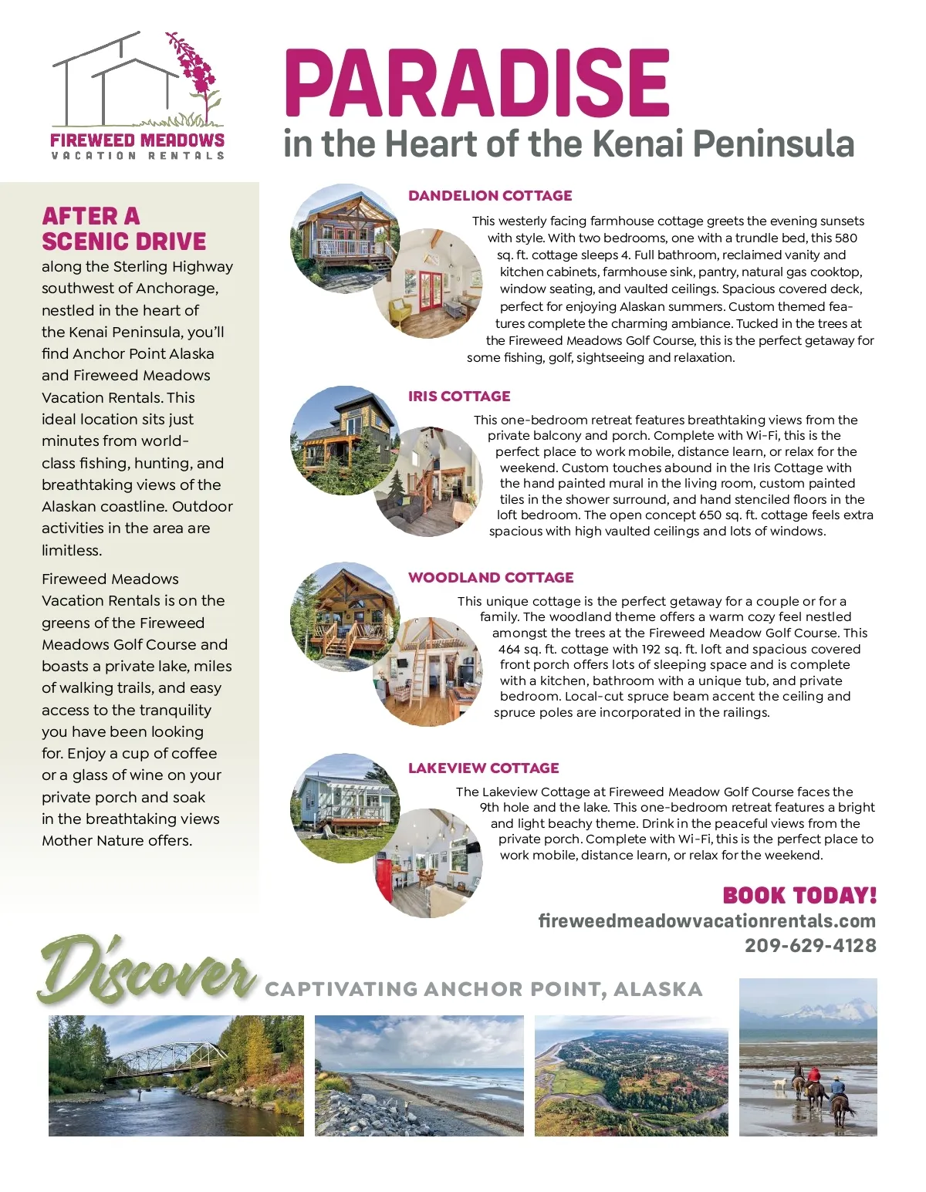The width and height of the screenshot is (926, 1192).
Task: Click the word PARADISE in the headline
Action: tap(476, 83)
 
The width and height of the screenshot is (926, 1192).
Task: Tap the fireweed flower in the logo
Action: tap(194, 69)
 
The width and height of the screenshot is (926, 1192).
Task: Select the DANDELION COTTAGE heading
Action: tap(490, 196)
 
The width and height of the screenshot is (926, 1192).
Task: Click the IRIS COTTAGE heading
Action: tap(459, 397)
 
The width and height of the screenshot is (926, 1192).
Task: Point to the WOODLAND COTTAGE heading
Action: tap(491, 578)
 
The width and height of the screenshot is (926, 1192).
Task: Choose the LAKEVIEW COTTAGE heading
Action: tap(483, 768)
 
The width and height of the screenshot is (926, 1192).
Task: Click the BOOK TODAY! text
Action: tap(799, 896)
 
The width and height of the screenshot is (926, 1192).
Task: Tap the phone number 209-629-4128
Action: tap(810, 946)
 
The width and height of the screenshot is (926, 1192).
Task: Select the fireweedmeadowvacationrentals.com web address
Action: tap(707, 921)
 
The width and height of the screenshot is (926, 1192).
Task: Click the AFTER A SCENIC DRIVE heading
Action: tap(123, 229)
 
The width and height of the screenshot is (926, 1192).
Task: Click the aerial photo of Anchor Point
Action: tap(630, 1076)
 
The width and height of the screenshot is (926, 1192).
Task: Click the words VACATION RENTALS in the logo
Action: tap(137, 156)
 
